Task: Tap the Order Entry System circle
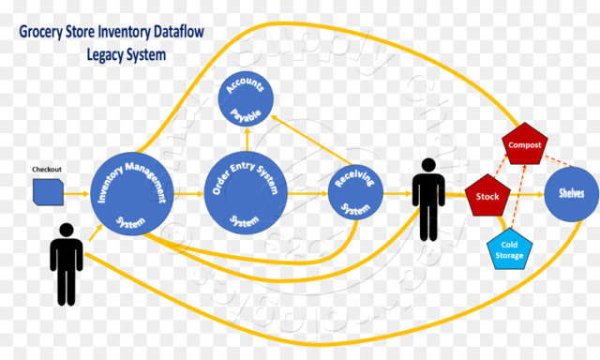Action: (x=245, y=192)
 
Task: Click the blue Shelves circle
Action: (x=571, y=193)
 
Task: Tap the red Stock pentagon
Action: (x=487, y=196)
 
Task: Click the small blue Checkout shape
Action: (x=47, y=192)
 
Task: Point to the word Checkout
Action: (x=47, y=170)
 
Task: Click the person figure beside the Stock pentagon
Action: (x=429, y=198)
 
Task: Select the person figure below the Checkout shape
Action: (x=66, y=262)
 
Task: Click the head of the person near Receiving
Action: (x=429, y=166)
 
